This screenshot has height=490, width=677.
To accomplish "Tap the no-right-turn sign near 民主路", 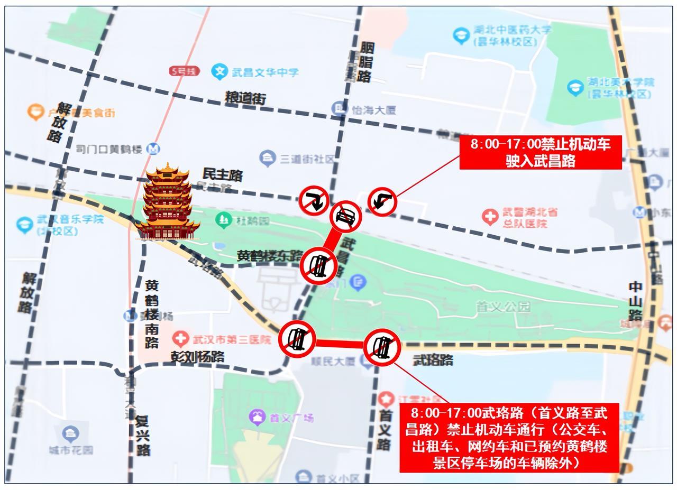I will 314,200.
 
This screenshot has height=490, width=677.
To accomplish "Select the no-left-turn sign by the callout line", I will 382,201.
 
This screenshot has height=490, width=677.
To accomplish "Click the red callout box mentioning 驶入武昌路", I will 540,152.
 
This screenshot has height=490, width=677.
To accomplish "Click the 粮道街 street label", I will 245,98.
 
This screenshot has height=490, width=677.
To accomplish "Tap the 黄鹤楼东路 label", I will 269,256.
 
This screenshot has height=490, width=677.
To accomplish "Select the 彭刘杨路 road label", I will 197,357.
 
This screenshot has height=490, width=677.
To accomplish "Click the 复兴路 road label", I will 142,436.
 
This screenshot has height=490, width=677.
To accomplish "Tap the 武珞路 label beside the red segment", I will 433,360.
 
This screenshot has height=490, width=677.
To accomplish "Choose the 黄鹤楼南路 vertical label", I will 152,314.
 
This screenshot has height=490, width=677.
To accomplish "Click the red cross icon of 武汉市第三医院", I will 181,339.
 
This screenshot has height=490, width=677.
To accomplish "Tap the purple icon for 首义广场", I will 258,417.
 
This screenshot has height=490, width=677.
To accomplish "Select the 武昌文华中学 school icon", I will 219,71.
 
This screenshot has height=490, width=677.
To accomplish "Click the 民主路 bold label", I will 222,174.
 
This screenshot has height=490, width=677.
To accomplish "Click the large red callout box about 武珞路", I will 508,437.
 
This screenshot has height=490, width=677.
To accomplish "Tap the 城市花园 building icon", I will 70,434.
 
